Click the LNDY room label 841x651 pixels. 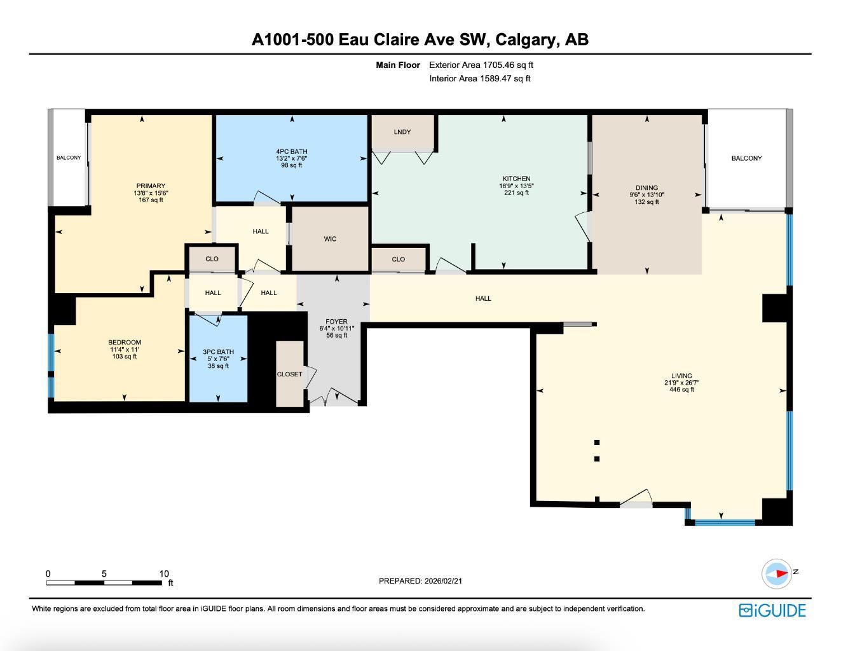click(402, 132)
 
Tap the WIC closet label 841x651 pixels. click(330, 239)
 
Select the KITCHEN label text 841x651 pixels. click(516, 179)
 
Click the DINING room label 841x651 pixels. click(646, 188)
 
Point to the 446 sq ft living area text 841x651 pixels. click(681, 390)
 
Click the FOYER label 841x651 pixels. click(336, 322)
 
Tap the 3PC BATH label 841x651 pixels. click(218, 352)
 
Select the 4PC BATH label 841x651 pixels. click(292, 151)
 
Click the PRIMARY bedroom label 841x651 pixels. click(151, 186)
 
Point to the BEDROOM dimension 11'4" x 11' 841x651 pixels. click(124, 350)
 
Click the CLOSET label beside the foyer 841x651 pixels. click(289, 374)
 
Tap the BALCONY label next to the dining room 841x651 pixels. click(746, 158)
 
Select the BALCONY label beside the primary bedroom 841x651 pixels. click(69, 158)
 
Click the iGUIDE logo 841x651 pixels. click(772, 610)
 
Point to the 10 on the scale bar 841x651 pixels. click(164, 573)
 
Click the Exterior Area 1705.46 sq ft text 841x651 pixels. click(481, 65)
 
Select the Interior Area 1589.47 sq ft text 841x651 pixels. click(479, 79)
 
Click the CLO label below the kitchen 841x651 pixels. click(398, 259)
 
